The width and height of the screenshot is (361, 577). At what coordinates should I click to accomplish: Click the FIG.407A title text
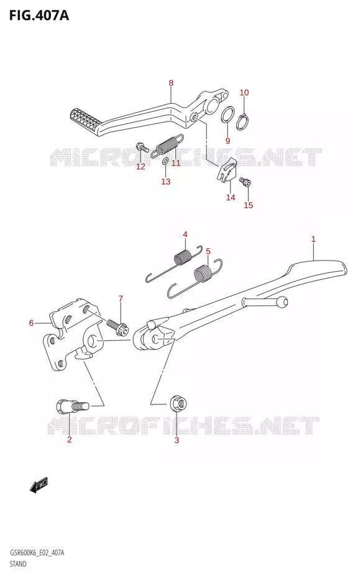click(x=39, y=16)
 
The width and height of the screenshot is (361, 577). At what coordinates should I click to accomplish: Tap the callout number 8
click(x=171, y=83)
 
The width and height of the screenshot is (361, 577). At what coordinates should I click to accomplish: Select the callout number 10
click(x=244, y=92)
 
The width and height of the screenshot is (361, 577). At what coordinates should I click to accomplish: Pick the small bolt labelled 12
click(x=142, y=147)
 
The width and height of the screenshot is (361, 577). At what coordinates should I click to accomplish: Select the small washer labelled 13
click(x=165, y=161)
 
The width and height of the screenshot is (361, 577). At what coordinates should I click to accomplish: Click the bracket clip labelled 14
click(x=226, y=169)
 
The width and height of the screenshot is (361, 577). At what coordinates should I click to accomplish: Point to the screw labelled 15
click(x=245, y=181)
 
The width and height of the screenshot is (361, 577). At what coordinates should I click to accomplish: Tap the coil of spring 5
click(x=202, y=274)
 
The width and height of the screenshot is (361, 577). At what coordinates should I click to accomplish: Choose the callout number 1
click(x=313, y=239)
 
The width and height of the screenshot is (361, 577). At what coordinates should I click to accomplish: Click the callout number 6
click(x=31, y=323)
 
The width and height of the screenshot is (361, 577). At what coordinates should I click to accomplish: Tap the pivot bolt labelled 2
click(x=72, y=406)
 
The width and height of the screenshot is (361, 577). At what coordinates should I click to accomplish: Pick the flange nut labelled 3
click(x=179, y=403)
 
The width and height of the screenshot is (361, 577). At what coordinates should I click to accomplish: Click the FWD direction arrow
click(x=39, y=485)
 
